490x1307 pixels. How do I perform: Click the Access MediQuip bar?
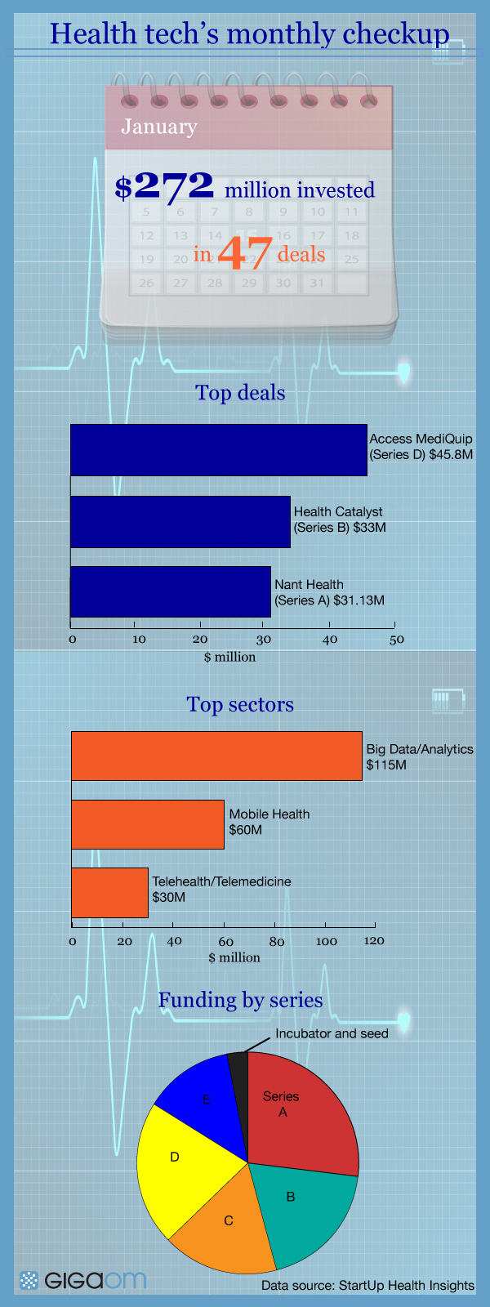tap(219, 450)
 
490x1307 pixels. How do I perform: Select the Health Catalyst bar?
tap(180, 522)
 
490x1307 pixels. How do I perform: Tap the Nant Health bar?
tap(171, 591)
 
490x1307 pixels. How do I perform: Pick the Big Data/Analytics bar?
tap(217, 756)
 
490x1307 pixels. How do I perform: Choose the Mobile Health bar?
tap(148, 824)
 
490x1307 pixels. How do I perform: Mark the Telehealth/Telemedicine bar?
tap(109, 893)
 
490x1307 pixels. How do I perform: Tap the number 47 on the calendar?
tap(244, 253)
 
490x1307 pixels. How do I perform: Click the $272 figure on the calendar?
tap(164, 187)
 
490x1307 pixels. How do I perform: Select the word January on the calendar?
tap(159, 127)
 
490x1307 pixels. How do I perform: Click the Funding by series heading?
tap(240, 1000)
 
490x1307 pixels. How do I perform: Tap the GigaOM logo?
tap(82, 1281)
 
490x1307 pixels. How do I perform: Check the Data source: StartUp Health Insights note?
tap(368, 1286)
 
